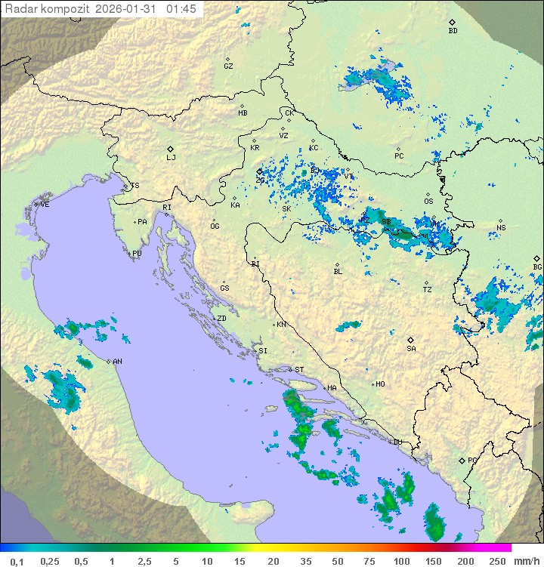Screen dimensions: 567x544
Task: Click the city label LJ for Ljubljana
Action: [171, 158]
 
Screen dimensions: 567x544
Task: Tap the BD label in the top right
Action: [453, 31]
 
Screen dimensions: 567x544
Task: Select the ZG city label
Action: [260, 180]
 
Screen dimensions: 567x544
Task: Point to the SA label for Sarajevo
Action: [411, 349]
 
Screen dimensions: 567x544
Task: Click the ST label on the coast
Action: [299, 370]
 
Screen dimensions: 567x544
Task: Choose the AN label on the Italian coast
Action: [117, 362]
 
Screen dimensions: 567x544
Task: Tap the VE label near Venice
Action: [45, 205]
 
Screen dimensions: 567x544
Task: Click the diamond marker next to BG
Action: [537, 258]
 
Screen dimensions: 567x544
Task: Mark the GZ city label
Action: [228, 66]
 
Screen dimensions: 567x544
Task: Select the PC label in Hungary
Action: [399, 156]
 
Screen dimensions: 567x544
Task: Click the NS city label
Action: [501, 228]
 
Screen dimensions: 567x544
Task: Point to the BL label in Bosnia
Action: [338, 272]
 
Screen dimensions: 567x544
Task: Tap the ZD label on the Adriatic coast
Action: [221, 319]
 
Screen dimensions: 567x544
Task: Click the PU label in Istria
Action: [137, 254]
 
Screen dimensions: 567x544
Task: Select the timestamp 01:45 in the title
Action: [181, 9]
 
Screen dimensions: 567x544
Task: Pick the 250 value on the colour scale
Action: [496, 561]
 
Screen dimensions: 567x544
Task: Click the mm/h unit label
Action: [525, 561]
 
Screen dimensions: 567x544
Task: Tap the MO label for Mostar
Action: [380, 384]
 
